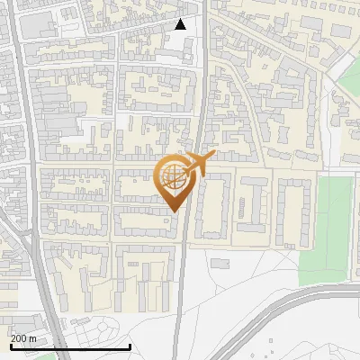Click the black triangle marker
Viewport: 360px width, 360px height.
click(x=180, y=24)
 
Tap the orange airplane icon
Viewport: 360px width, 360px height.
click(x=197, y=164)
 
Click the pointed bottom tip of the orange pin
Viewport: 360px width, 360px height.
click(x=173, y=211)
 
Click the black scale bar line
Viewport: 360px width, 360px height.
click(x=69, y=346)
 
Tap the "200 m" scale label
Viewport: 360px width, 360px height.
click(x=23, y=337)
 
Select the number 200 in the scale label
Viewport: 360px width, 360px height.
click(x=19, y=337)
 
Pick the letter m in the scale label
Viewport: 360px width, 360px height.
click(x=33, y=337)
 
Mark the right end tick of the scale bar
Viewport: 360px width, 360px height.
click(x=130, y=345)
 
